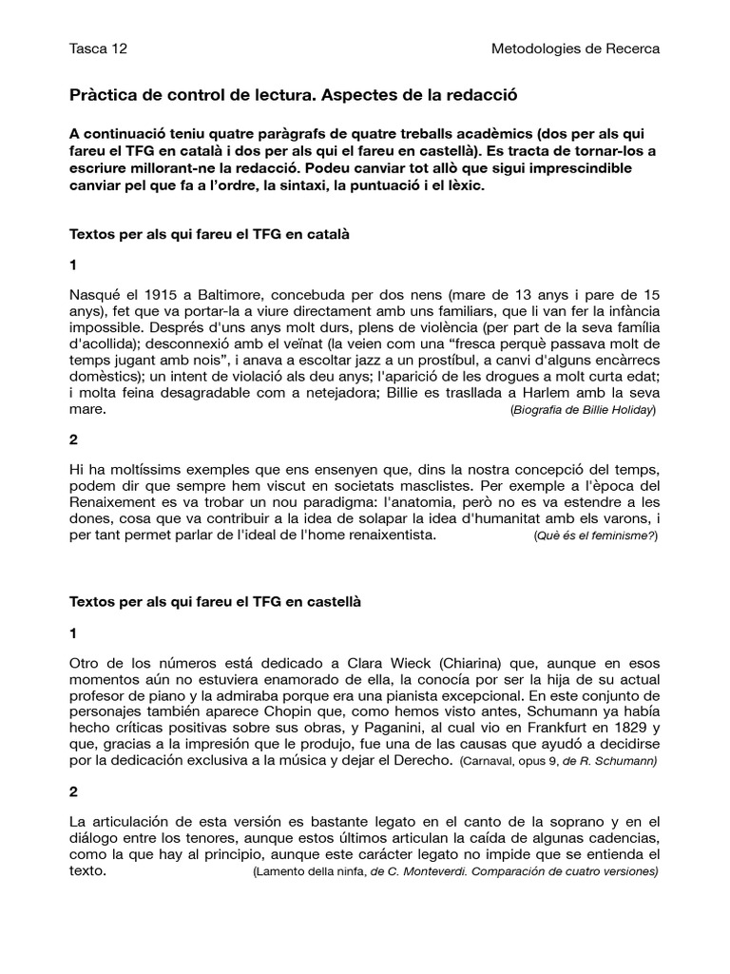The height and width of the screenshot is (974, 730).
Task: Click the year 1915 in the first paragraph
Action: click(149, 295)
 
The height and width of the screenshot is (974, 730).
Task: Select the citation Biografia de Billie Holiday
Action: click(583, 410)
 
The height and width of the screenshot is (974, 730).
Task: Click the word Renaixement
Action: click(116, 504)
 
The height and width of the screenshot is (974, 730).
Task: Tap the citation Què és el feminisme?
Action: click(596, 536)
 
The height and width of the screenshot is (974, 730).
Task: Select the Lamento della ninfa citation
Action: click(455, 872)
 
